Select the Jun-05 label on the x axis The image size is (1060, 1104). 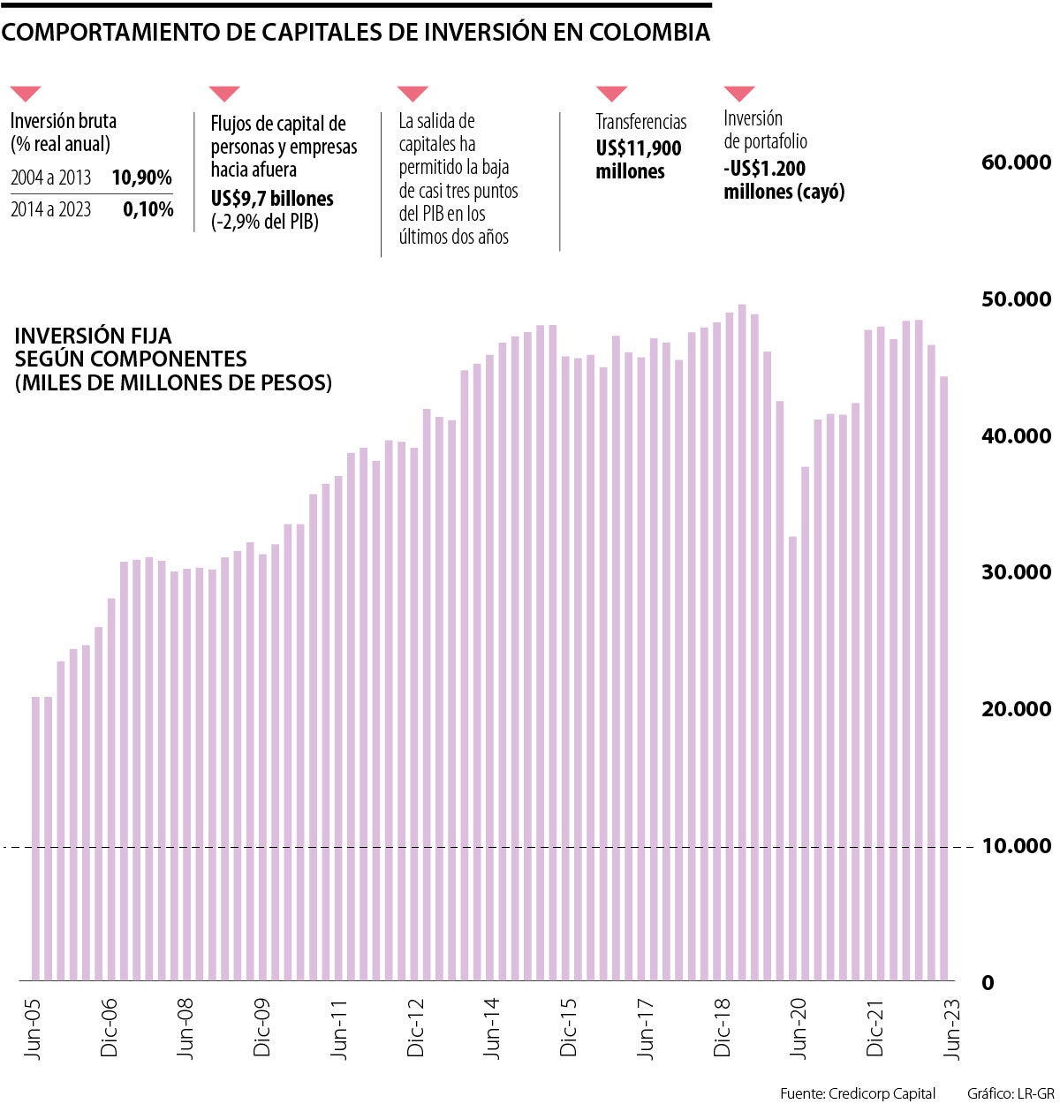click(34, 1029)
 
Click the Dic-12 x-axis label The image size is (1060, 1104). click(416, 1029)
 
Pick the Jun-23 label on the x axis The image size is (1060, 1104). click(952, 1029)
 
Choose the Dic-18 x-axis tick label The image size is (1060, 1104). click(723, 1029)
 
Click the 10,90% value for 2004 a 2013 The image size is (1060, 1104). click(141, 178)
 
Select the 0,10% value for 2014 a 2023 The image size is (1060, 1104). click(148, 210)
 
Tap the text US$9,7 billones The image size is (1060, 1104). click(272, 199)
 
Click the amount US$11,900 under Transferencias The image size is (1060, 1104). click(638, 148)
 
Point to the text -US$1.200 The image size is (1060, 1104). click(764, 169)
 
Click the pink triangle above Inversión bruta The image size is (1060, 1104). click(25, 93)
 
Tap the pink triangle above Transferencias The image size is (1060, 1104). click(611, 93)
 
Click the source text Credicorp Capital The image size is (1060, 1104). click(881, 1093)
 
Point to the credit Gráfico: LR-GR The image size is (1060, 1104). click(1010, 1093)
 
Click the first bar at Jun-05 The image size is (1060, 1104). click(36, 838)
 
